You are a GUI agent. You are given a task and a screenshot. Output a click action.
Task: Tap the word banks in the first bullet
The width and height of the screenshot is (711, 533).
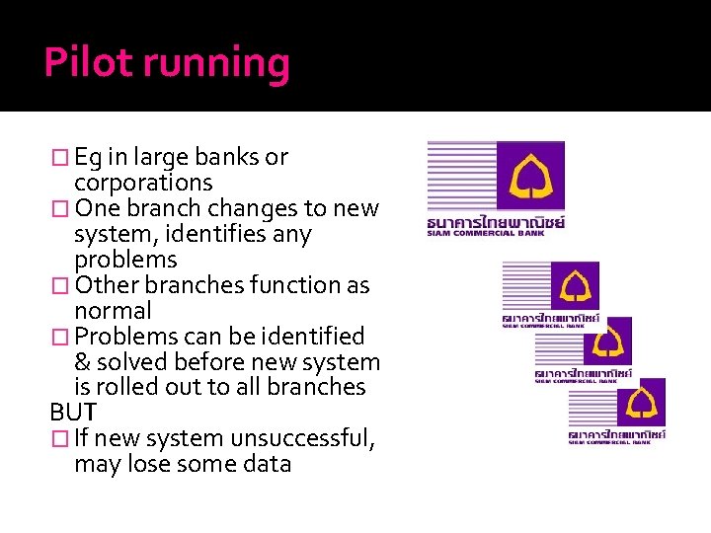(221, 157)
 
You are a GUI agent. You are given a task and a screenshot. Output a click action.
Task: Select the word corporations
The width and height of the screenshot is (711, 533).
(143, 183)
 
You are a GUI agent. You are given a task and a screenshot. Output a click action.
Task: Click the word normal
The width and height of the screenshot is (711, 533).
(113, 311)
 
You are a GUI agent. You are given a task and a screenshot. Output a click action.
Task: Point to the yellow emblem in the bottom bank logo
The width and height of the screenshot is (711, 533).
(640, 401)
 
